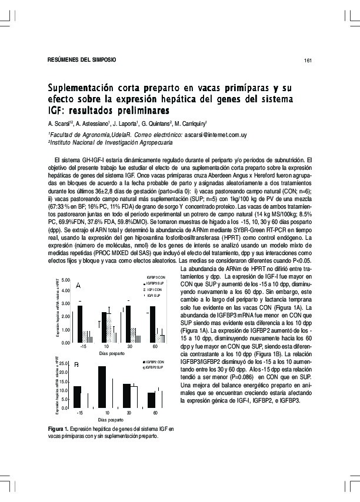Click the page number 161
coord(307,61)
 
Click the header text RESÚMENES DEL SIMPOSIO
coord(81,60)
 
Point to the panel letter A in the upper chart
coord(78,286)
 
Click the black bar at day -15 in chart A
coord(80,324)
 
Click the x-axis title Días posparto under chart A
coord(112,353)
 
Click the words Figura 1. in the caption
coord(61,429)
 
